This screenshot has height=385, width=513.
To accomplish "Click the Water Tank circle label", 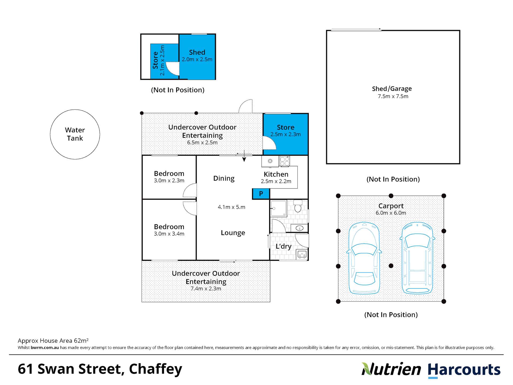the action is click(x=75, y=134).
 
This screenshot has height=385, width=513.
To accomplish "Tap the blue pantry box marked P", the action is click(x=261, y=194).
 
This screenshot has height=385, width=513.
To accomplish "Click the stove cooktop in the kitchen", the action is click(x=285, y=161).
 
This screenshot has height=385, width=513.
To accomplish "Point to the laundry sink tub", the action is click(x=302, y=254).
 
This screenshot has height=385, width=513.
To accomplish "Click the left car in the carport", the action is click(x=364, y=258).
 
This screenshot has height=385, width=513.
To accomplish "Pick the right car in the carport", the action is click(x=417, y=258).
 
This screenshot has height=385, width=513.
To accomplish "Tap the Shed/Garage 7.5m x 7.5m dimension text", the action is click(x=393, y=97).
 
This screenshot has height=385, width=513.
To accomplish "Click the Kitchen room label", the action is click(x=276, y=174).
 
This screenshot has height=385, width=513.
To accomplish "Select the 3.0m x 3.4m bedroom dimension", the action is click(x=169, y=234).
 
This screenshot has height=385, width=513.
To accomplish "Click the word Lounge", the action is click(x=233, y=233).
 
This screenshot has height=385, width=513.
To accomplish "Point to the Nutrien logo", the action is click(x=391, y=369).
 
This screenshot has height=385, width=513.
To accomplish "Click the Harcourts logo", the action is click(x=464, y=370).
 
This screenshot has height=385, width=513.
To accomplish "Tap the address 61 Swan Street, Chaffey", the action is click(x=100, y=369).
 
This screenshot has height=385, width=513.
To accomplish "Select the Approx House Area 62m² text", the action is click(x=53, y=341).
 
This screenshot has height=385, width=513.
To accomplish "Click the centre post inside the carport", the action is click(x=391, y=266).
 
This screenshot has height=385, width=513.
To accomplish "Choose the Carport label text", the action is click(x=391, y=206).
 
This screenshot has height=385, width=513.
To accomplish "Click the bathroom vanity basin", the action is click(x=299, y=228).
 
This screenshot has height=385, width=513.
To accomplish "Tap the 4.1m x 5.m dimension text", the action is click(x=231, y=207).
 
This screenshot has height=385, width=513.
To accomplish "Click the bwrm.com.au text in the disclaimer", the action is click(x=45, y=348).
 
